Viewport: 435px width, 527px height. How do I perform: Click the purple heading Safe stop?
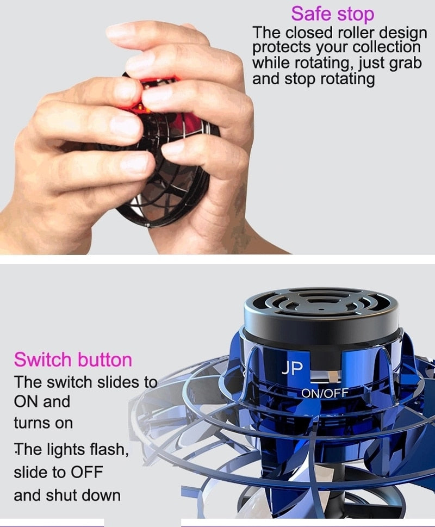[x=332, y=14]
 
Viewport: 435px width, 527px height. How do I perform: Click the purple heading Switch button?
[x=73, y=359]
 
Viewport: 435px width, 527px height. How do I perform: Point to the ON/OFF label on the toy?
[x=325, y=393]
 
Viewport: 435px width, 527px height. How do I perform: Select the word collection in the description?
[x=387, y=47]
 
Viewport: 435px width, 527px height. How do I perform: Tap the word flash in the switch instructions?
[x=109, y=450]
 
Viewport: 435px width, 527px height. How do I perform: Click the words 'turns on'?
[x=43, y=423]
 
